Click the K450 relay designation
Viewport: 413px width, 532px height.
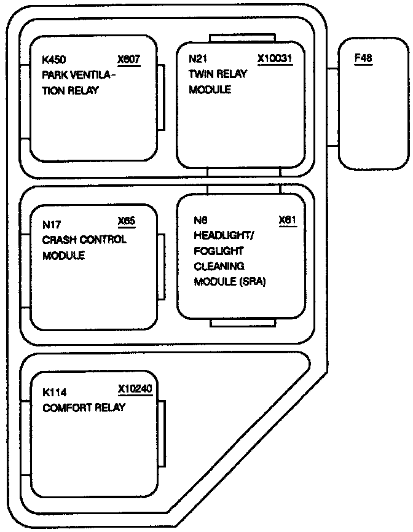coord(53,60)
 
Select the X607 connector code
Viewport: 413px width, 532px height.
coord(129,60)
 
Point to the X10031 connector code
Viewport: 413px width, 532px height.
coord(273,60)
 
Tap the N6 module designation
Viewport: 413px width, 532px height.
coord(201,220)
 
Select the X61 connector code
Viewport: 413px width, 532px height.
coord(288,220)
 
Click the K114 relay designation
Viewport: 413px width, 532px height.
coord(54,392)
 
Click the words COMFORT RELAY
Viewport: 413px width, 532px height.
coord(84,407)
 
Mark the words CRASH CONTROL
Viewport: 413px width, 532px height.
coord(84,240)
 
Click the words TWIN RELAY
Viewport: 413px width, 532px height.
coord(218,74)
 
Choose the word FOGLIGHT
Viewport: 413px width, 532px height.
coord(219,251)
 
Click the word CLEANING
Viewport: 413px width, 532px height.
coord(219,266)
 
